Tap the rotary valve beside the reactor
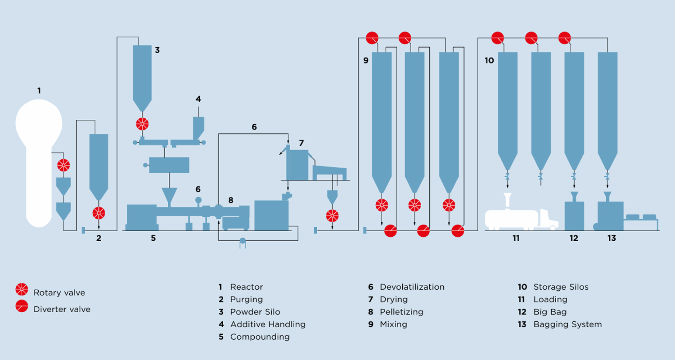(63, 165)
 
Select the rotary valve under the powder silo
(142, 124)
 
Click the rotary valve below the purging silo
(99, 213)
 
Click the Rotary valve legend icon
(22, 289)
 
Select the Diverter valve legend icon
(22, 306)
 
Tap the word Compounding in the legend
(260, 337)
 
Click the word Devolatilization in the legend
(412, 287)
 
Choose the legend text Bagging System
(567, 324)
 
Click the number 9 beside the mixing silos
(366, 60)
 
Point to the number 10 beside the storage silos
(489, 60)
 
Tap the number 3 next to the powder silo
(157, 50)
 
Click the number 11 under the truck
(516, 238)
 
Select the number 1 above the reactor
(39, 90)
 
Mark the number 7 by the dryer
(301, 143)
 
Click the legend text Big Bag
(550, 312)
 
